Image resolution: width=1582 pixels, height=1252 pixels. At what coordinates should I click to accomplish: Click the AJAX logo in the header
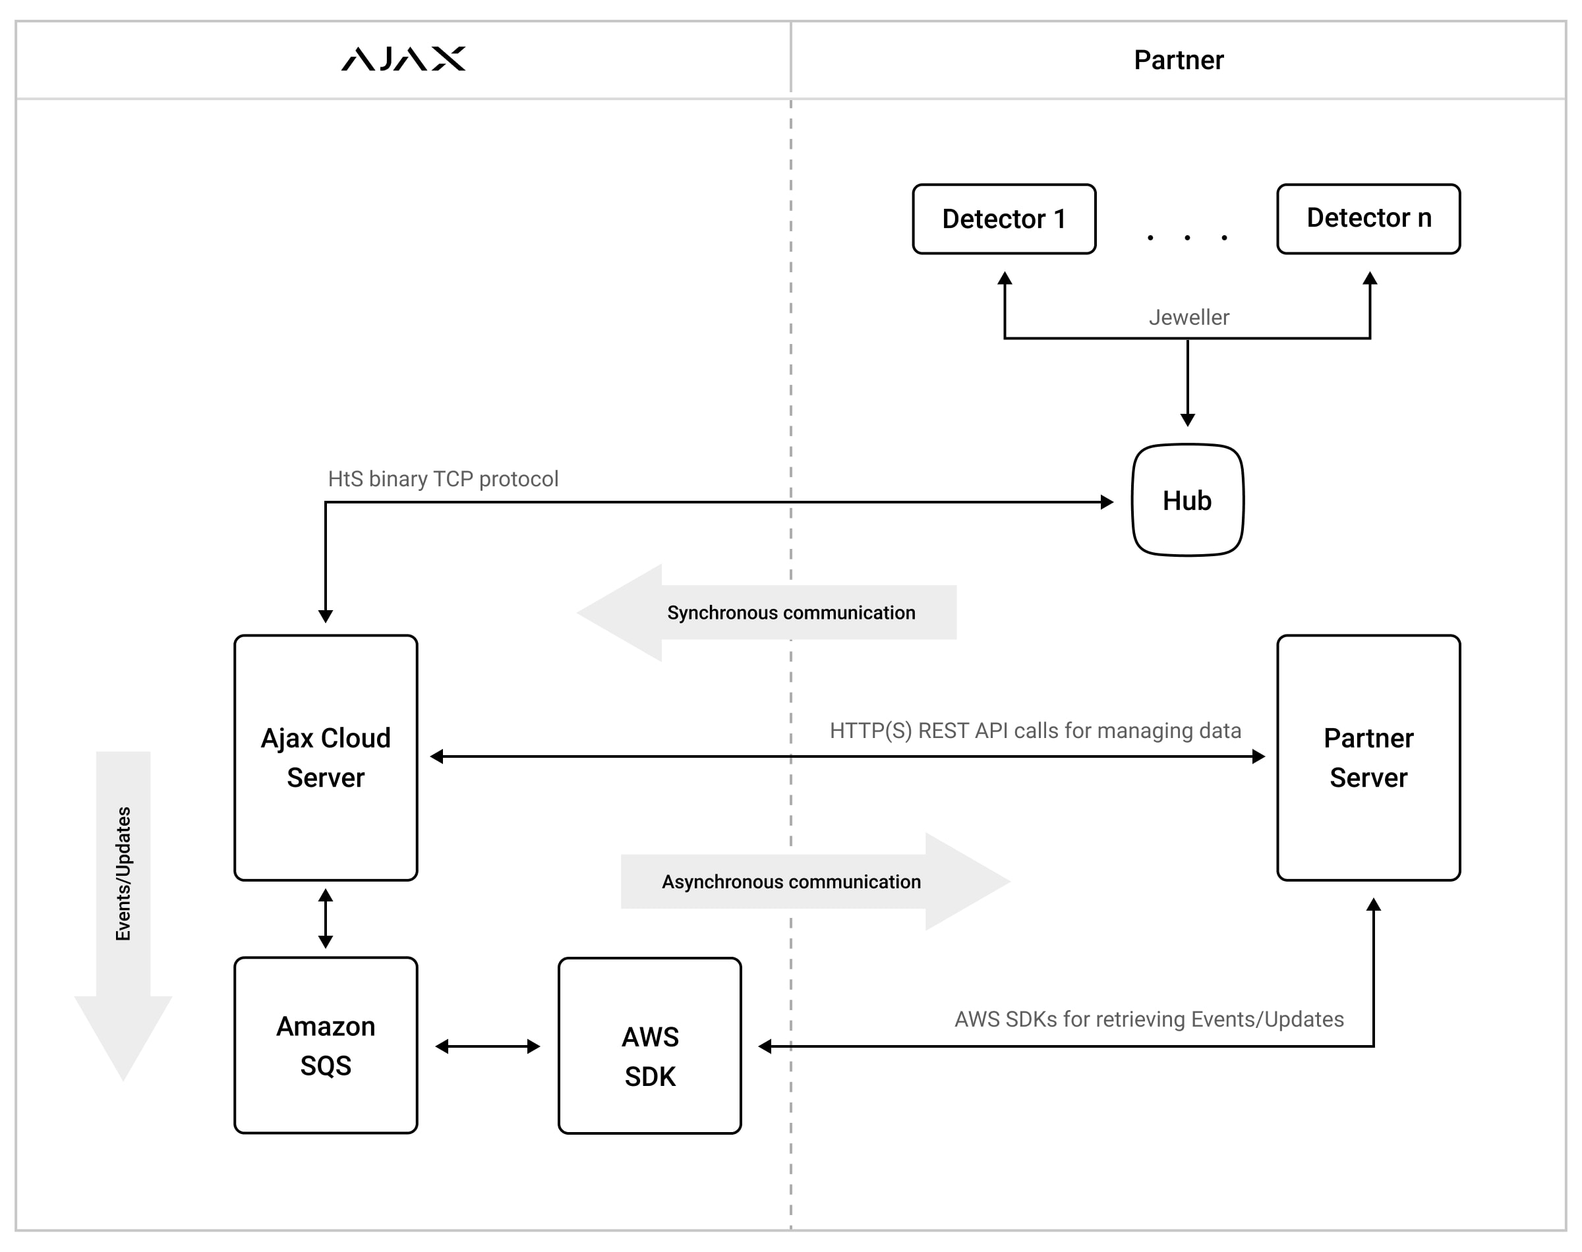[x=403, y=59]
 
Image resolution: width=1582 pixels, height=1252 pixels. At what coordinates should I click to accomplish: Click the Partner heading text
[x=1178, y=60]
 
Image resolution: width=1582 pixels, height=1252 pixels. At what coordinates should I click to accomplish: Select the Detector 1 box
[x=1004, y=218]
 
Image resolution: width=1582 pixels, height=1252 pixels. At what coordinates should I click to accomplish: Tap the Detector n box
[x=1368, y=218]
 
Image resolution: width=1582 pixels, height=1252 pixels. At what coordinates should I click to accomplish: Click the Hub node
[x=1187, y=501]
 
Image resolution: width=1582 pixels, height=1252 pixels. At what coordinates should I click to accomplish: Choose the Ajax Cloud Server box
[x=326, y=757]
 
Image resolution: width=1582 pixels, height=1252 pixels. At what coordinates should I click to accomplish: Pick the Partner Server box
[x=1368, y=757]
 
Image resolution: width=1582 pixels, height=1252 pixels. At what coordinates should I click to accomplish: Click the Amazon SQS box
[x=326, y=1045]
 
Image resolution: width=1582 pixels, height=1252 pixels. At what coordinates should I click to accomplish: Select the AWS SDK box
[x=649, y=1045]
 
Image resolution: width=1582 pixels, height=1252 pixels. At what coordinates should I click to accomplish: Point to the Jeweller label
[x=1188, y=318]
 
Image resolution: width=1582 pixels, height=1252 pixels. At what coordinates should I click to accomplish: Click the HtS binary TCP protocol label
[x=443, y=478]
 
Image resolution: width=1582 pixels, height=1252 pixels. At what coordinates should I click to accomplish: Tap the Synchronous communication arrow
[x=766, y=613]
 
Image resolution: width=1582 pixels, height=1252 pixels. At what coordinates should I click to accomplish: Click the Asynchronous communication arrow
[x=813, y=881]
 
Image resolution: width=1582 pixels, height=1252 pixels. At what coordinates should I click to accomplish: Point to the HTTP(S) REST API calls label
[x=1035, y=730]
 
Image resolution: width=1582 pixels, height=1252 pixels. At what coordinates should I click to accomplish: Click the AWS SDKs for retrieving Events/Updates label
[x=1149, y=1019]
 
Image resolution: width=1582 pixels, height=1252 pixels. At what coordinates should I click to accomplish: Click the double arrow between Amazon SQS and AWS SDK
[x=488, y=1046]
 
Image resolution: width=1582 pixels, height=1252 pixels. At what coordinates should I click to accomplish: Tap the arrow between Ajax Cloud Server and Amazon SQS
[x=326, y=919]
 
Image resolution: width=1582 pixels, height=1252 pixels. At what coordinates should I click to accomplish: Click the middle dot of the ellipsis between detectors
[x=1187, y=237]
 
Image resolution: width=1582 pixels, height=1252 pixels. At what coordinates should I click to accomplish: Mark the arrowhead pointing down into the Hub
[x=1188, y=419]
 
